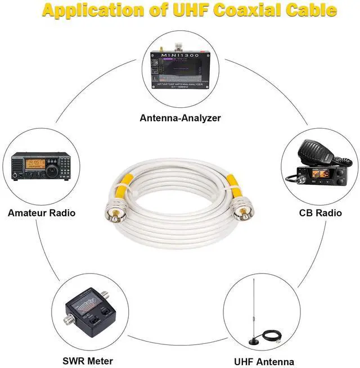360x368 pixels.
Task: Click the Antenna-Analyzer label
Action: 180,118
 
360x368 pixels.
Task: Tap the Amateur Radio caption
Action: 42,213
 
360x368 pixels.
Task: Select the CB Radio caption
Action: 320,213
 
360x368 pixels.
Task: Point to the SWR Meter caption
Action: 88,361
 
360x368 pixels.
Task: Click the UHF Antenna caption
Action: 264,361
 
